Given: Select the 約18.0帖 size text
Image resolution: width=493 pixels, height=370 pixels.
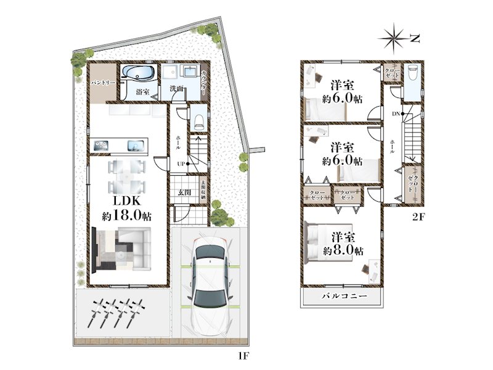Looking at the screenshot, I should tap(127, 216).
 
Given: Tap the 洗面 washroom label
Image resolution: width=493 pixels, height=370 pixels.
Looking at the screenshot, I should tap(176, 89).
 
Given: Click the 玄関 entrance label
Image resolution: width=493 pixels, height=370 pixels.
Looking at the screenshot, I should tap(184, 192).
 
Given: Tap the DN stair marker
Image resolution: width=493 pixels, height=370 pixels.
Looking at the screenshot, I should tap(395, 113).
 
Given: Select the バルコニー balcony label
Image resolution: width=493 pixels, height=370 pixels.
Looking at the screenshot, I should tap(344, 297).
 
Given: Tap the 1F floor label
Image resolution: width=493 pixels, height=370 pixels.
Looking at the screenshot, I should tap(245, 356).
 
